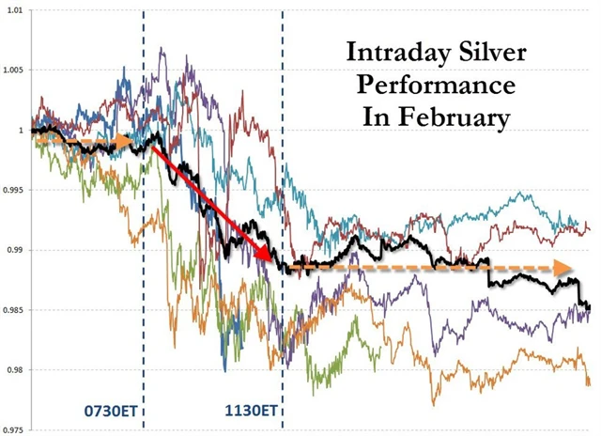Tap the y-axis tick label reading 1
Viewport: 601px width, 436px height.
tap(23, 130)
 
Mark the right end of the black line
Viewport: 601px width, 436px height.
tap(589, 306)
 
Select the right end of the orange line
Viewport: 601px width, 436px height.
tap(590, 383)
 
